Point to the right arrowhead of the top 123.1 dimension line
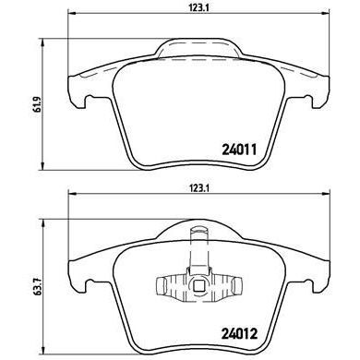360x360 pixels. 311,19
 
